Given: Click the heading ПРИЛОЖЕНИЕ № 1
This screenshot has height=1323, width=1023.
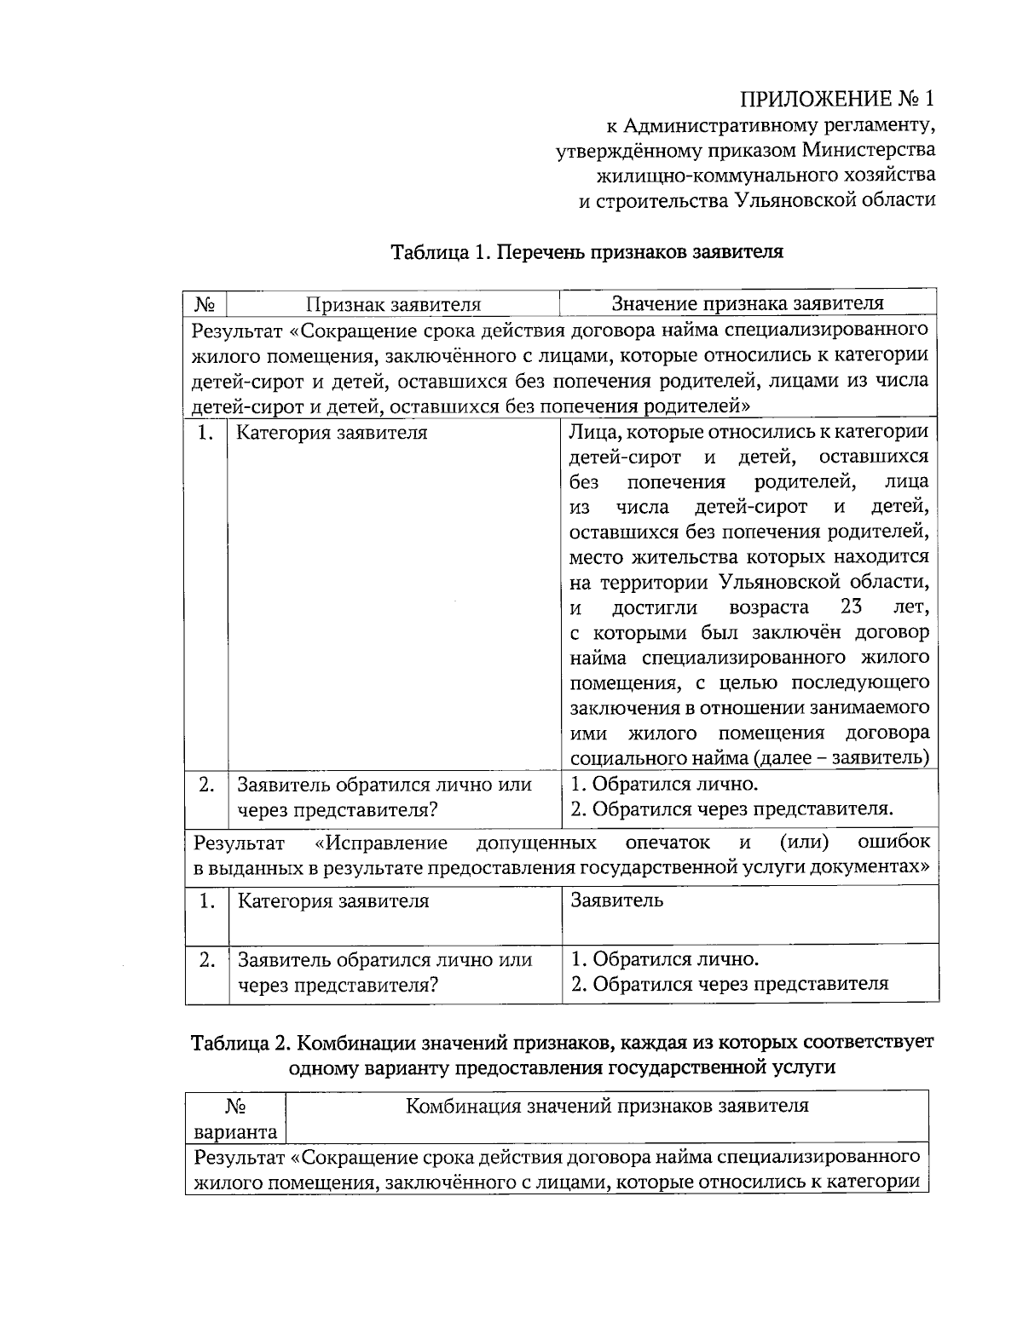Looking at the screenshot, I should [836, 99].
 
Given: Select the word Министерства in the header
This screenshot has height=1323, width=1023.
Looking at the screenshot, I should [868, 151].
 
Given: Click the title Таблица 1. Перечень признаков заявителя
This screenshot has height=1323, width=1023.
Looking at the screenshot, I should [587, 252].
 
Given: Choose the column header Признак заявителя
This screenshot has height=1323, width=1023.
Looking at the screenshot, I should [394, 304].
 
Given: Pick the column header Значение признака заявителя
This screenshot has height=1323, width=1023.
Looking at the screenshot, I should [748, 303].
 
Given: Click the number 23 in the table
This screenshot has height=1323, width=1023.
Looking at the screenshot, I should [851, 607].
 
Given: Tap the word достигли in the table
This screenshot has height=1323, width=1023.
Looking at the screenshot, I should [655, 608].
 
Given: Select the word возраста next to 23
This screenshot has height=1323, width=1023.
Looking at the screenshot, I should [769, 608].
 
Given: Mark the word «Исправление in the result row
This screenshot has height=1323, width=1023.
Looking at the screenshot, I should [381, 843].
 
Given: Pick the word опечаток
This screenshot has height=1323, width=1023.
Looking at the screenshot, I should [668, 843].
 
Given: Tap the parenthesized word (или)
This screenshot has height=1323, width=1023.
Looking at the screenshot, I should [805, 843].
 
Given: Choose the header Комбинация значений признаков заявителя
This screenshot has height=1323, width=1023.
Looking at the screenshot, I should [606, 1107].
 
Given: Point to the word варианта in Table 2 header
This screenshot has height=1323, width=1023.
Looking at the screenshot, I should [235, 1132].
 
